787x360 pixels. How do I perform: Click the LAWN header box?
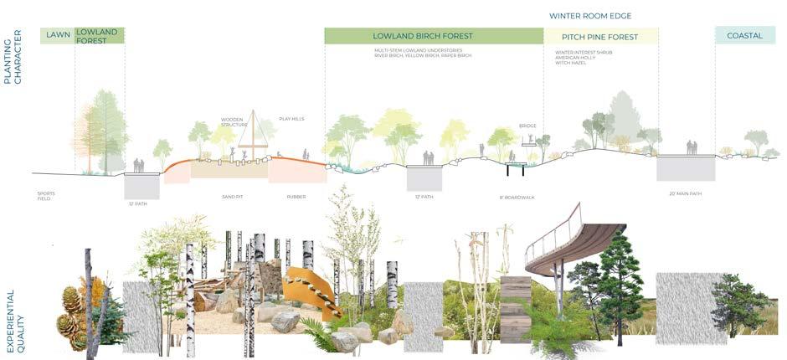[56, 35]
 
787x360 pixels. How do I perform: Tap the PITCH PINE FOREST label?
[600, 37]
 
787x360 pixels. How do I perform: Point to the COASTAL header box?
[739, 36]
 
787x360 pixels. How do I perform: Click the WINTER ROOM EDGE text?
[590, 16]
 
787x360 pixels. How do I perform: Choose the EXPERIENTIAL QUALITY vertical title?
[11, 311]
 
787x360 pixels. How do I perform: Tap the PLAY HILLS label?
[291, 119]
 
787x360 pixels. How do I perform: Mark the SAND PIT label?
[220, 197]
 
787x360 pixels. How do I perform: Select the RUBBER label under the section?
[296, 197]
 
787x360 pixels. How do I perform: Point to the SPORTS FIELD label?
[45, 197]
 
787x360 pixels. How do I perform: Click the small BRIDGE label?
[527, 126]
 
